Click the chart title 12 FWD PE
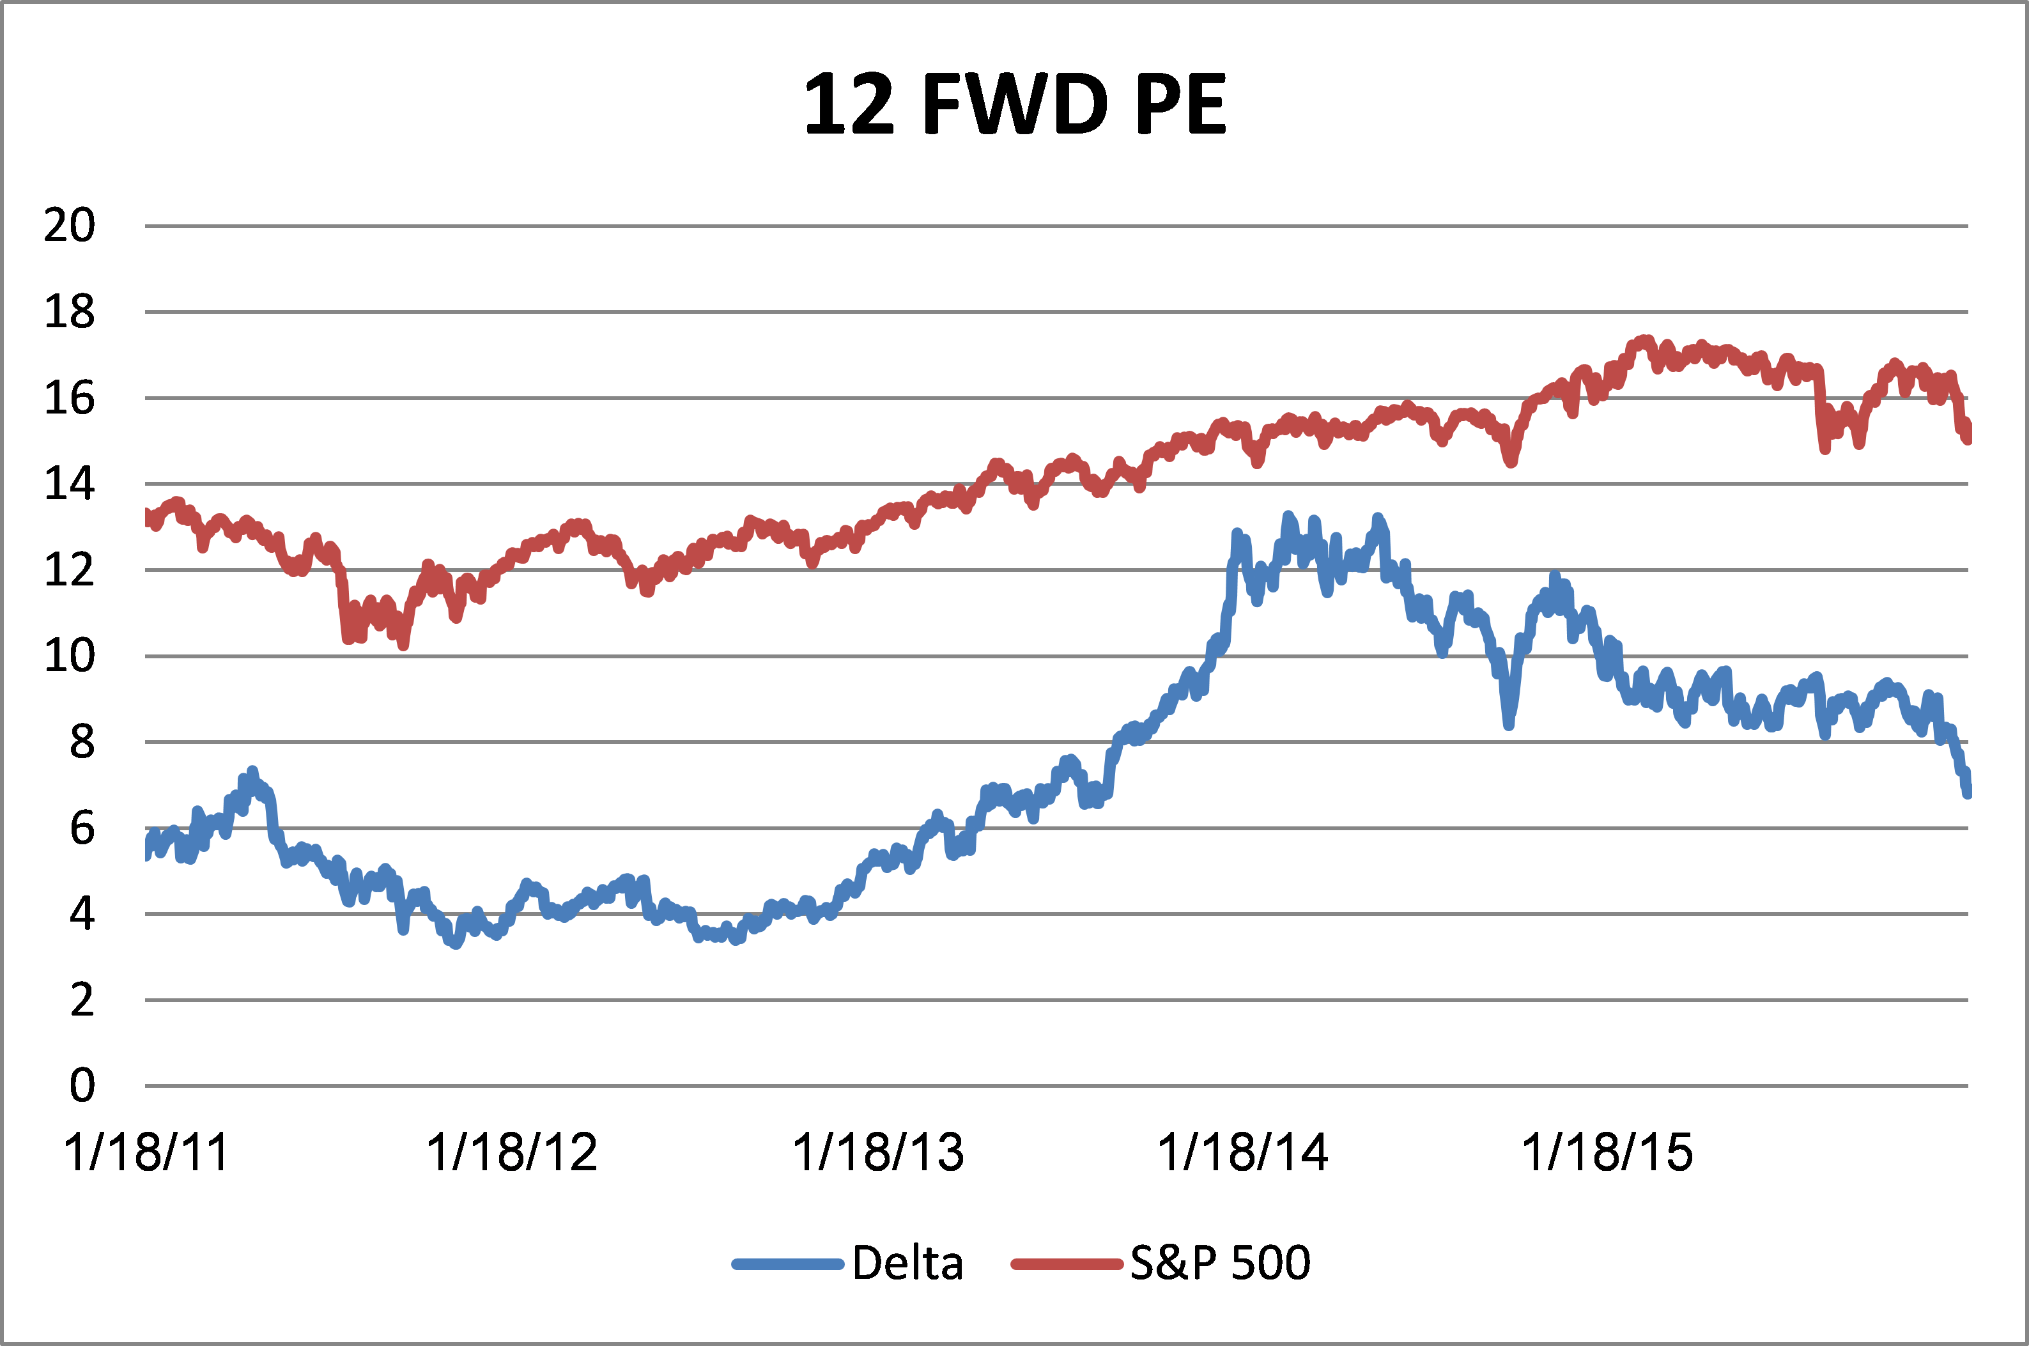(1015, 105)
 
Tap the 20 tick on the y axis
(70, 226)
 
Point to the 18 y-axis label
(70, 312)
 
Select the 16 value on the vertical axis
(70, 398)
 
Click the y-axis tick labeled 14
(70, 484)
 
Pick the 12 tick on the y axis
(70, 570)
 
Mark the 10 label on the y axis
(70, 656)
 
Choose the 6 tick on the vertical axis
(82, 828)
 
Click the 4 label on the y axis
(82, 914)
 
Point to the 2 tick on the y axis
(82, 1000)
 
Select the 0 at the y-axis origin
(82, 1086)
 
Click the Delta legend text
(907, 1264)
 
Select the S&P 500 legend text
(1219, 1264)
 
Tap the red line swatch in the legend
(1067, 1264)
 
